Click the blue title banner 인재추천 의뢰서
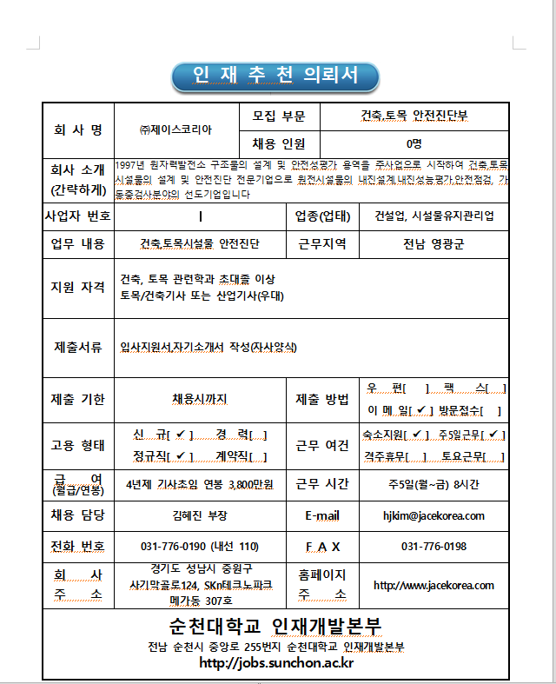click(275, 76)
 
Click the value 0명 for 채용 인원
click(414, 143)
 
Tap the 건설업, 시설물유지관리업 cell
click(434, 216)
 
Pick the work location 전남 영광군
click(434, 243)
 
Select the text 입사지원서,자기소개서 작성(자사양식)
click(208, 348)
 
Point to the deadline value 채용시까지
click(199, 400)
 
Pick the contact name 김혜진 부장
click(199, 515)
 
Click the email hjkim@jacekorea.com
click(434, 515)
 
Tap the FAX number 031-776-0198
click(434, 547)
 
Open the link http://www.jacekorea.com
click(434, 585)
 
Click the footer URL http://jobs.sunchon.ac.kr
click(276, 663)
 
